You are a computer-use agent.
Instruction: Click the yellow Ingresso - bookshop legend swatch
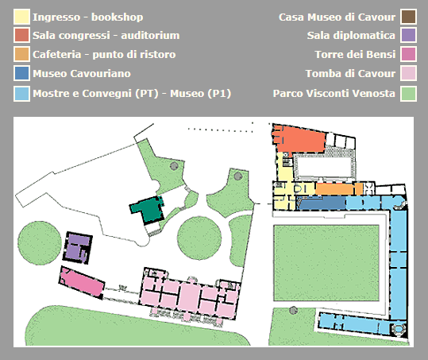click(21, 17)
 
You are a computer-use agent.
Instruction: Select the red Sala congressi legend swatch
click(21, 35)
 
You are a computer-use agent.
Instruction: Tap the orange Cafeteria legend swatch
click(21, 54)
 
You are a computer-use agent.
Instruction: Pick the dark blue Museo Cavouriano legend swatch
click(21, 73)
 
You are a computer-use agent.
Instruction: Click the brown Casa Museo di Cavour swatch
click(408, 17)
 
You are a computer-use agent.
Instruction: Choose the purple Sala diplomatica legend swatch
click(408, 35)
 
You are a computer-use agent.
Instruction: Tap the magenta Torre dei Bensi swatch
click(408, 54)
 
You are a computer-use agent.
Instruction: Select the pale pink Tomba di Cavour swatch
click(408, 73)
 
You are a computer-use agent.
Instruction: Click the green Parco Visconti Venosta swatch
click(408, 94)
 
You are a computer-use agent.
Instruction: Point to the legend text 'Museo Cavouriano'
click(82, 73)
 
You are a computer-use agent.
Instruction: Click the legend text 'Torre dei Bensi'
click(355, 54)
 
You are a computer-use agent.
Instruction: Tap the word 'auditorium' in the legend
click(150, 36)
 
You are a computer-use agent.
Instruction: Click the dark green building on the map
click(148, 209)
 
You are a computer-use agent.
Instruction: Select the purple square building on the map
click(78, 247)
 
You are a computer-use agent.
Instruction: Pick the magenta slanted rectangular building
click(81, 282)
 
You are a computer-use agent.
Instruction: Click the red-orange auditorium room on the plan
click(299, 139)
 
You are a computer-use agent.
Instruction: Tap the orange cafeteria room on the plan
click(339, 188)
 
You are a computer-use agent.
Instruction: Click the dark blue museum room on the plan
click(322, 203)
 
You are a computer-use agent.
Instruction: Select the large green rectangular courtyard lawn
click(326, 263)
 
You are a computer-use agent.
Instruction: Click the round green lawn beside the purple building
click(40, 243)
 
